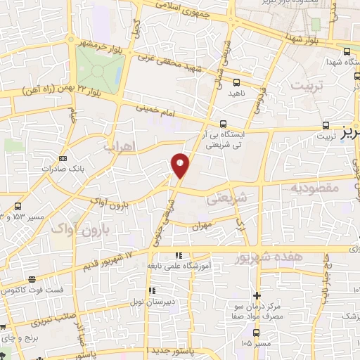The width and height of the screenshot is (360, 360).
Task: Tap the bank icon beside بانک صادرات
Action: [x=63, y=158]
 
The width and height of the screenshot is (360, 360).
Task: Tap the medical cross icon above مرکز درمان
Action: [x=257, y=296]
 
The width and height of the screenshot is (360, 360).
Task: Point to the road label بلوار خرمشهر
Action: [x=94, y=43]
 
